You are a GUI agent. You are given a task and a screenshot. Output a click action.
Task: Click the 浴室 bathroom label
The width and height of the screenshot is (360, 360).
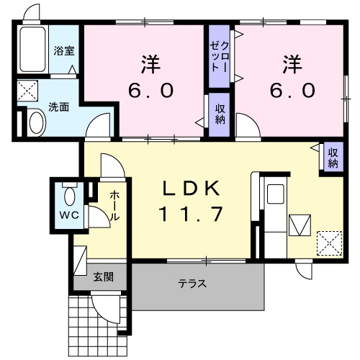click(64, 51)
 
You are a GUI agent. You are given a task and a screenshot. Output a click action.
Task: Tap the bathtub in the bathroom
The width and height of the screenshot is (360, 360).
click(33, 49)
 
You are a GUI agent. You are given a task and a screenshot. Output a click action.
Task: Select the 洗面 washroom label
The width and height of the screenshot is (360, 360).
click(59, 107)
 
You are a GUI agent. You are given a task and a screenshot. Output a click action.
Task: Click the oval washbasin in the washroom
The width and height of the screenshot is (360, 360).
click(37, 123)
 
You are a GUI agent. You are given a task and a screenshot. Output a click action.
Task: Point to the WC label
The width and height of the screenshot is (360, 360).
click(69, 215)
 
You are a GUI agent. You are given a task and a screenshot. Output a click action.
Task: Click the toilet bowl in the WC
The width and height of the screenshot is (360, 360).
click(70, 197)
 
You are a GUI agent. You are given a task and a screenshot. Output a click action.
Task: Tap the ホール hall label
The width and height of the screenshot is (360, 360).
click(114, 206)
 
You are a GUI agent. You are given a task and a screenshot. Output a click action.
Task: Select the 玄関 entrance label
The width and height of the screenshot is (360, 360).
click(104, 277)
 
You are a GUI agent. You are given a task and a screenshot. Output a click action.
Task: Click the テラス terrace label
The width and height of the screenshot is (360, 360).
click(192, 284)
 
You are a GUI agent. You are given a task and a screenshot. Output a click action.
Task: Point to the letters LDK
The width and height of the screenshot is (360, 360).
click(192, 188)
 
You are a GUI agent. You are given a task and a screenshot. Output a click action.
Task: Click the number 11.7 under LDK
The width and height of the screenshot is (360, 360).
click(191, 214)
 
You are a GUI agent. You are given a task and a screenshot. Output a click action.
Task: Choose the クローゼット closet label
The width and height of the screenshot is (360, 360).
click(220, 57)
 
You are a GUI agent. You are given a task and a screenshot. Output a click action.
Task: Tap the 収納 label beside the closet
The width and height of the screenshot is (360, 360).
click(220, 114)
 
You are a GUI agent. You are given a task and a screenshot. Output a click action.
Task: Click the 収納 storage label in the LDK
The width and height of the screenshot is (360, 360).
click(333, 158)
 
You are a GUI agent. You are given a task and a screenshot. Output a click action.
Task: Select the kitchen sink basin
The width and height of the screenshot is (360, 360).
click(275, 194)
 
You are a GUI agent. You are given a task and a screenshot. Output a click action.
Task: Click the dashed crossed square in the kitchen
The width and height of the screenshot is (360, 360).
click(329, 243)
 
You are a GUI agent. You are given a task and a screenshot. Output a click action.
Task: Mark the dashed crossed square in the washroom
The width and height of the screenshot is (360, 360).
click(28, 91)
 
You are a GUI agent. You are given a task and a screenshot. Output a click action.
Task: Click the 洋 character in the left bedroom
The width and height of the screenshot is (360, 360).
click(150, 64)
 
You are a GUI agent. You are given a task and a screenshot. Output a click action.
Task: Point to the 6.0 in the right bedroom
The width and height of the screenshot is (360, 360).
click(292, 90)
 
